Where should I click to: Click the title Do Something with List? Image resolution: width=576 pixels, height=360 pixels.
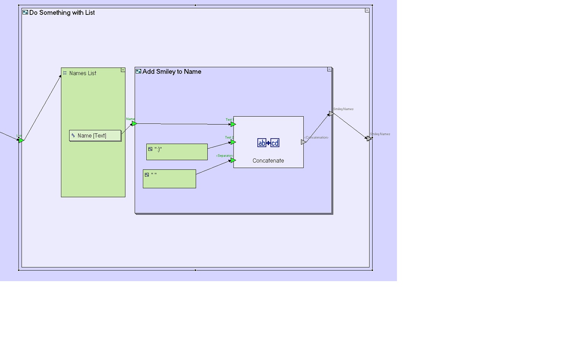62,13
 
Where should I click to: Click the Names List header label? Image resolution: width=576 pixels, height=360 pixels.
83,73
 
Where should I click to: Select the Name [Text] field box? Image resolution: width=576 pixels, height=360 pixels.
95,136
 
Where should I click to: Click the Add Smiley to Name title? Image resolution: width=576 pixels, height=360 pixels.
171,72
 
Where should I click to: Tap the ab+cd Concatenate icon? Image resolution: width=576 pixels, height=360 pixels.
268,143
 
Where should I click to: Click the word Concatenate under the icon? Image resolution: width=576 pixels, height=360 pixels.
268,161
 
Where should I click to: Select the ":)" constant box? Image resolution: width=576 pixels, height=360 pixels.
177,152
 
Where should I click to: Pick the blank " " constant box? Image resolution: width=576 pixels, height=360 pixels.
169,179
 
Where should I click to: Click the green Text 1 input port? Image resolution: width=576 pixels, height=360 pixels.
233,124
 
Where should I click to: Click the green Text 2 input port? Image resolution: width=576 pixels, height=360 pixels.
233,142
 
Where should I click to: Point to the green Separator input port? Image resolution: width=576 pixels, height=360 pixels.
233,160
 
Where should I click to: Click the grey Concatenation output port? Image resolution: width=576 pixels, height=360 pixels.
304,142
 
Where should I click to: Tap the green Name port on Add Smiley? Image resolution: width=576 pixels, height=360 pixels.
134,123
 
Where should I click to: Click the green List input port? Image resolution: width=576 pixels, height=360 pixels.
21,141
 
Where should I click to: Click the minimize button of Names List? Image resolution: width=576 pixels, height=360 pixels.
123,70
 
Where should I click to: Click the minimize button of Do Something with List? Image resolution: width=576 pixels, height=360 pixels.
367,10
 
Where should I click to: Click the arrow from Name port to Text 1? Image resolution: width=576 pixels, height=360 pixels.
183,124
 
